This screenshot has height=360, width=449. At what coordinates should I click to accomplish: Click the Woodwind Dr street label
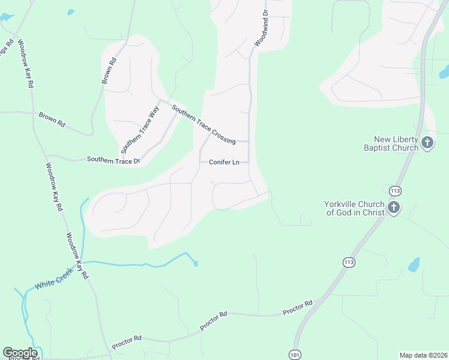259,28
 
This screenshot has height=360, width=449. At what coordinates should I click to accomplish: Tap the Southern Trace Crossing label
203,124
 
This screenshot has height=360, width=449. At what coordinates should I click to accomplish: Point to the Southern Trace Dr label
113,160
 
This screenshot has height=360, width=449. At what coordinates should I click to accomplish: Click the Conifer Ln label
224,163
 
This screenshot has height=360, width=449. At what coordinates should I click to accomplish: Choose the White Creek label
53,279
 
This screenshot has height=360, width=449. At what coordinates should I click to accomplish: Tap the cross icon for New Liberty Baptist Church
427,143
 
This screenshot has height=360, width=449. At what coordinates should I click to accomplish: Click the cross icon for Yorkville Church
394,208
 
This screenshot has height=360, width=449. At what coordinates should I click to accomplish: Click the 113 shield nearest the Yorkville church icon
394,191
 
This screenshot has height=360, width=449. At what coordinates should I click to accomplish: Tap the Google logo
20,353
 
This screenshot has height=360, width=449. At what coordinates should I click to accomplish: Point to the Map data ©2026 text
423,355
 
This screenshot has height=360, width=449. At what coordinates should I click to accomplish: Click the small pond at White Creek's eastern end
196,263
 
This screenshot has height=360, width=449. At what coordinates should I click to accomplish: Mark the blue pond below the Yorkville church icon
414,265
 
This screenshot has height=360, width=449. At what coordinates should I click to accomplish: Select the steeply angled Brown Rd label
109,70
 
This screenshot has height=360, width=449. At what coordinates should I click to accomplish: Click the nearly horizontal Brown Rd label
52,118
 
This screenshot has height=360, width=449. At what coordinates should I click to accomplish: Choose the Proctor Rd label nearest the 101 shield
298,307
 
